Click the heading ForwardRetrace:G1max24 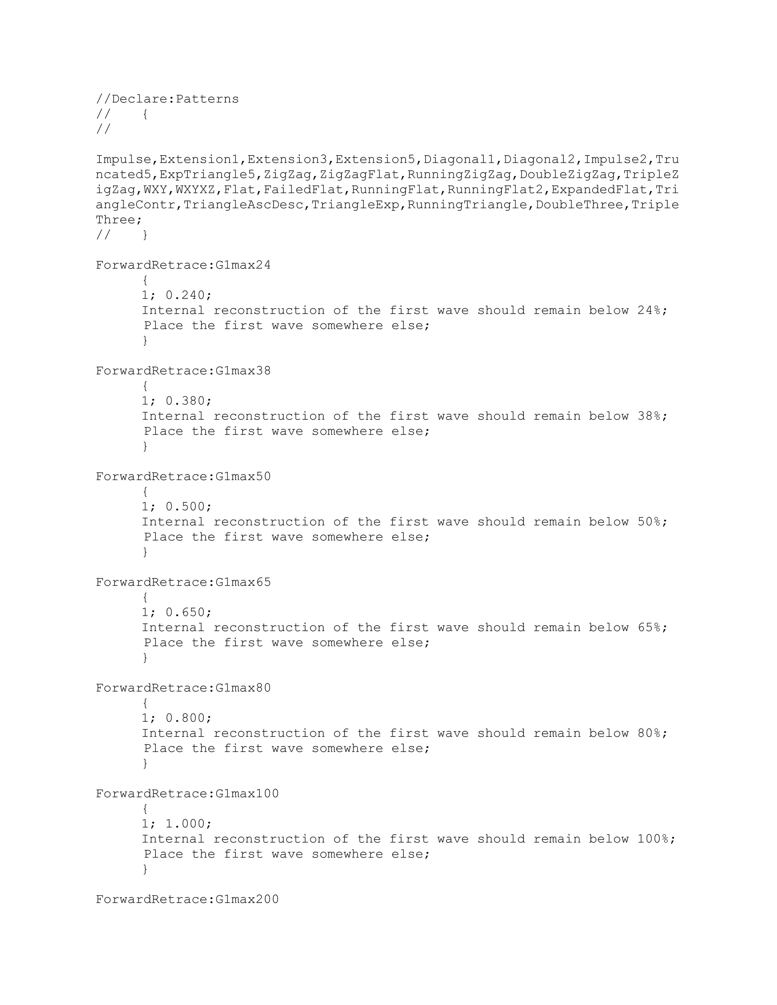pos(183,265)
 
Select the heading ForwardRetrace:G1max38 pos(183,371)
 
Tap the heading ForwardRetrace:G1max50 pos(183,476)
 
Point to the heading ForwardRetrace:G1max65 pos(183,582)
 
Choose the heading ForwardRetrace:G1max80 pos(183,688)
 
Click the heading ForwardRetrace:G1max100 pos(187,794)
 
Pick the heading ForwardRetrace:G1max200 pos(187,899)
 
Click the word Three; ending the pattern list pos(119,220)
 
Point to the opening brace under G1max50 pos(145,492)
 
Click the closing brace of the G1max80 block pos(145,763)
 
